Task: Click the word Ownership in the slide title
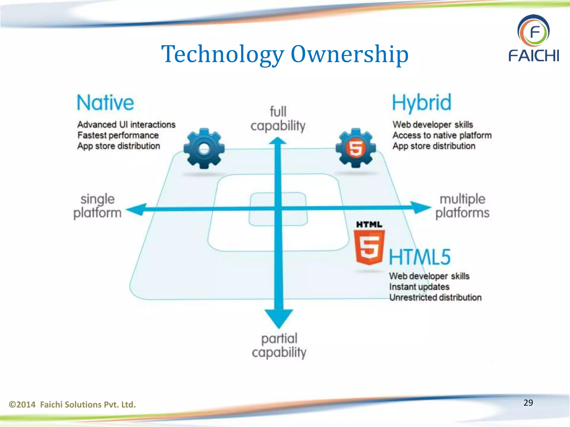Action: (349, 54)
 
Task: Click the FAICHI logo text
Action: (534, 56)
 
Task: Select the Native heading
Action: (105, 103)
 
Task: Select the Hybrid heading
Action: (421, 103)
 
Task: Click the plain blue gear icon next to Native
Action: (204, 148)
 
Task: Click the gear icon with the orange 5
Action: (356, 148)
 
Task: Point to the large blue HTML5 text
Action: (420, 257)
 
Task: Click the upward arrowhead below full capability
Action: (277, 141)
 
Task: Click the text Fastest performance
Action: (118, 135)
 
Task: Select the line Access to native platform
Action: (442, 135)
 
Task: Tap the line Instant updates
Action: (419, 287)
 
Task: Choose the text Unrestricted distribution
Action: (435, 297)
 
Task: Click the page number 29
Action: (528, 403)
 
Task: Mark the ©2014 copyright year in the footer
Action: (23, 404)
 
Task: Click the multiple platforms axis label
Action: (462, 206)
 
